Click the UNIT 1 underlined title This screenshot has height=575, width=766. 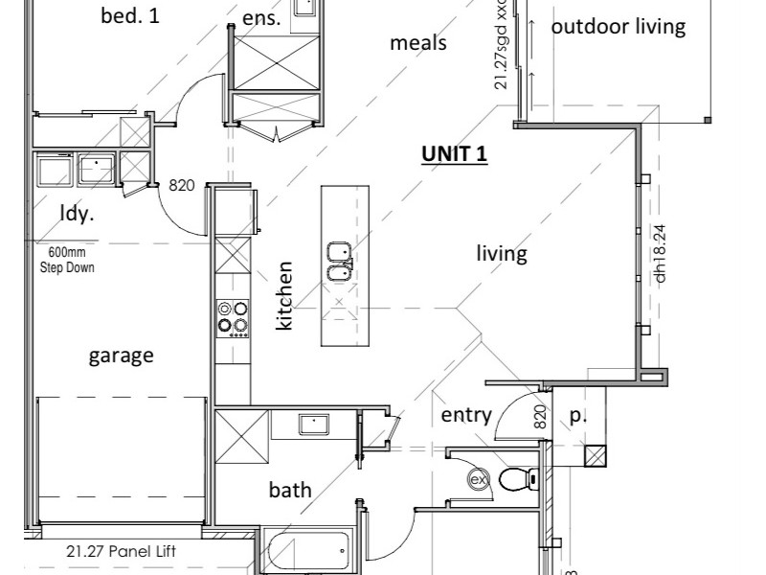click(455, 154)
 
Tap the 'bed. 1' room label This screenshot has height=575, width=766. click(130, 15)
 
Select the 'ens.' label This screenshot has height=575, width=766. click(261, 18)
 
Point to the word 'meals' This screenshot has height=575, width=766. click(418, 43)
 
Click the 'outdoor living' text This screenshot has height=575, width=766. click(619, 26)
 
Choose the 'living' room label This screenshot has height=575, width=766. click(503, 254)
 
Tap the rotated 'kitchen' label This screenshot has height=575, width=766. click(284, 296)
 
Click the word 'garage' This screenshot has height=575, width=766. click(121, 356)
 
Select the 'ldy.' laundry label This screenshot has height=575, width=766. click(78, 213)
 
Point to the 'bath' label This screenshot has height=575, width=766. click(289, 490)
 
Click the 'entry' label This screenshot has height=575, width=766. click(466, 415)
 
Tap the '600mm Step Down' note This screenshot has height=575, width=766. click(67, 262)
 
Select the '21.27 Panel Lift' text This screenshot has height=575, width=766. click(121, 551)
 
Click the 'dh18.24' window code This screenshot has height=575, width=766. click(660, 253)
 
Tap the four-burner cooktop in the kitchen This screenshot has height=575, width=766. click(232, 317)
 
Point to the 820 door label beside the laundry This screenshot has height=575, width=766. click(182, 185)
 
